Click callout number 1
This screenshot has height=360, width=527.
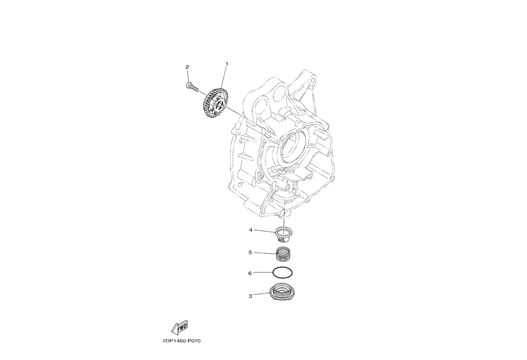tap(227, 64)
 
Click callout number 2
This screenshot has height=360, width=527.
tap(187, 67)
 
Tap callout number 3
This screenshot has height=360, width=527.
tap(250, 296)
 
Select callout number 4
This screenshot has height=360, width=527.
tap(251, 230)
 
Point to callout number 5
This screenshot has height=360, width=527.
tap(250, 252)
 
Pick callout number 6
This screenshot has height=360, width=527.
tap(250, 273)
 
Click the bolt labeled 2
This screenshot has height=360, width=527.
tap(192, 87)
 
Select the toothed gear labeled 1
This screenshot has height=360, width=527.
tap(215, 103)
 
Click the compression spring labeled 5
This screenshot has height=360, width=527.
tap(283, 254)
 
